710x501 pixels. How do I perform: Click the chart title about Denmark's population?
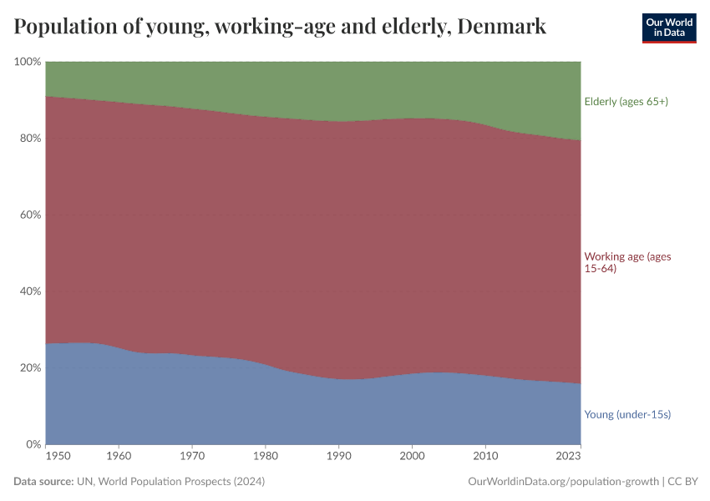[280, 27]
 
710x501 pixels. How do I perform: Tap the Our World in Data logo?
[668, 28]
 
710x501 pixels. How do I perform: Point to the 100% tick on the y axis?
[27, 62]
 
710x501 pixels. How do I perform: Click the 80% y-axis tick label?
[29, 139]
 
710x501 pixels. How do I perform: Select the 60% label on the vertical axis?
[29, 215]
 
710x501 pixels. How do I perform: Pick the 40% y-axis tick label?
[29, 291]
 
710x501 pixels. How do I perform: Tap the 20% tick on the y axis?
[29, 368]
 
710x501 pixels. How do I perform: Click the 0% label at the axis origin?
[33, 444]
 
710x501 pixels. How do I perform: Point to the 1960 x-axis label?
[119, 456]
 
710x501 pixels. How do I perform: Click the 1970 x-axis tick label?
[192, 456]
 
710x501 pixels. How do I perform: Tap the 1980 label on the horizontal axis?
[266, 456]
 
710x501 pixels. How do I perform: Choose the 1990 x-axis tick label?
[338, 456]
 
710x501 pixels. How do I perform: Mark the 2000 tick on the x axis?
[412, 456]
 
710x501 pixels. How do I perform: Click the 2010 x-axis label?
[485, 456]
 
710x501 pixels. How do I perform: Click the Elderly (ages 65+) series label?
[626, 102]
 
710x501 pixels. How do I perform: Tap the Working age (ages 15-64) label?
[627, 262]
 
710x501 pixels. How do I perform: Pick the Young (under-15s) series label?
[627, 414]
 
